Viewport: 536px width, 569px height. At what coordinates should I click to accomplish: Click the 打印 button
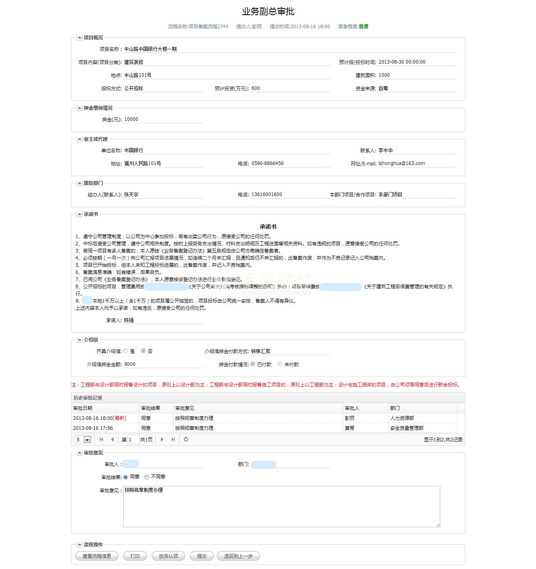tap(135, 556)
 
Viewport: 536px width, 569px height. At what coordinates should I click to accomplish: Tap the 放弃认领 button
tap(168, 556)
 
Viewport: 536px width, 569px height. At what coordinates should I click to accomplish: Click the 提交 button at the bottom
tap(202, 556)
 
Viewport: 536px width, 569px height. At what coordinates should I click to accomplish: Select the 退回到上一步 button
tap(238, 556)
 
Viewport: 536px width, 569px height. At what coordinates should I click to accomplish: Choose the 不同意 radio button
tap(147, 477)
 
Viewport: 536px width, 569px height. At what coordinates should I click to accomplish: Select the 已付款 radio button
tap(253, 364)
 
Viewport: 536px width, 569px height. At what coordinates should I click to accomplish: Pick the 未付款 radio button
tap(280, 364)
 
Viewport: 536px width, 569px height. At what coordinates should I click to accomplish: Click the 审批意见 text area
tap(281, 506)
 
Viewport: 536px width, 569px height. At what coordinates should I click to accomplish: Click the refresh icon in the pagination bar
tap(186, 439)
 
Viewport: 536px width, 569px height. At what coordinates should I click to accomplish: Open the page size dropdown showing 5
tap(87, 440)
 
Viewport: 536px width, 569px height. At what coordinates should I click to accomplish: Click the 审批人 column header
tap(352, 408)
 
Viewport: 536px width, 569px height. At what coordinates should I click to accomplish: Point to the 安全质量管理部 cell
tap(407, 428)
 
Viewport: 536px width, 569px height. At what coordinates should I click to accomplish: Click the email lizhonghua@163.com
tap(402, 163)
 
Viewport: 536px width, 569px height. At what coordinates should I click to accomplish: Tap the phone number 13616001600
tap(267, 194)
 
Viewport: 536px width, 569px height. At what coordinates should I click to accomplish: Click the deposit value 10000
tap(131, 119)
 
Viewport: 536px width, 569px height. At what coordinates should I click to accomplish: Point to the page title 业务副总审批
tap(268, 12)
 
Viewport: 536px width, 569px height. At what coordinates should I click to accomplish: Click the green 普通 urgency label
tap(364, 27)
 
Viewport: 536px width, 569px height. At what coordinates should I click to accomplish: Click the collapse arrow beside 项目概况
tap(79, 38)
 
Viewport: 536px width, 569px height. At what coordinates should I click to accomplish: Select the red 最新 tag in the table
tap(120, 418)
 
